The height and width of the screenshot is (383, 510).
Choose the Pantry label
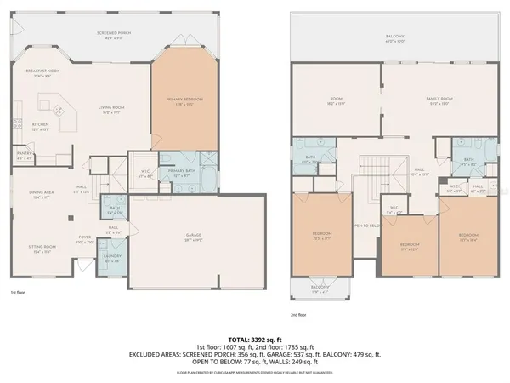coord(25,156)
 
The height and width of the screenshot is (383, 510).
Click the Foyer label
coord(85,239)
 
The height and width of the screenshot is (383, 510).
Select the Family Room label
coord(440,100)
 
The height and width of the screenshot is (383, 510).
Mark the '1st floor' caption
coord(17,293)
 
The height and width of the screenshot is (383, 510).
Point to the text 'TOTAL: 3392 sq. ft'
coord(254,339)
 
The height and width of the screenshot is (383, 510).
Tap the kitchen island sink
coord(59,110)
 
